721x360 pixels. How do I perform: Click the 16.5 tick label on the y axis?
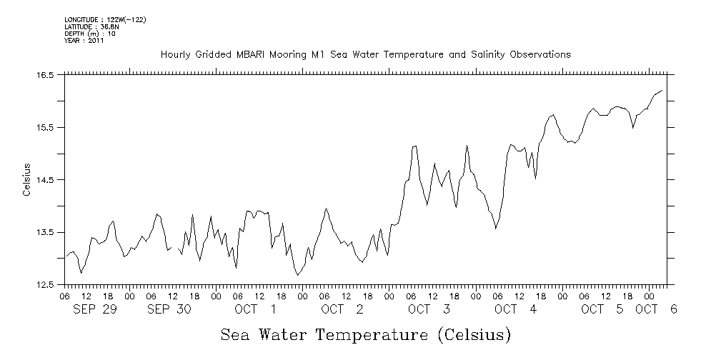pyautogui.click(x=46, y=75)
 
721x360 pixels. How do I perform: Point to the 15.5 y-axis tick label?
pyautogui.click(x=46, y=127)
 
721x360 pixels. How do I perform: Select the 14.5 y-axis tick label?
pyautogui.click(x=46, y=180)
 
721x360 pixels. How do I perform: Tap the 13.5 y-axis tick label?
pyautogui.click(x=46, y=232)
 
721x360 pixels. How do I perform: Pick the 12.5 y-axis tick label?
pyautogui.click(x=46, y=285)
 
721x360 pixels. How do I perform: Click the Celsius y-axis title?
pyautogui.click(x=26, y=180)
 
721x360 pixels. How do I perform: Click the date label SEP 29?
pyautogui.click(x=95, y=309)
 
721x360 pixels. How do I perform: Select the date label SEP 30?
pyautogui.click(x=169, y=309)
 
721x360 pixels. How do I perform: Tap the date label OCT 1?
pyautogui.click(x=255, y=309)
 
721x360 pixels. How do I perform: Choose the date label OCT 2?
pyautogui.click(x=342, y=309)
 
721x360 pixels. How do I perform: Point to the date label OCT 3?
pyautogui.click(x=429, y=309)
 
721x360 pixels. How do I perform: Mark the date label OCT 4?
pyautogui.click(x=515, y=309)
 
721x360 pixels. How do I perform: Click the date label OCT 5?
pyautogui.click(x=602, y=309)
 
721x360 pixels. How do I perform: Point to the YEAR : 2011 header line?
pyautogui.click(x=84, y=41)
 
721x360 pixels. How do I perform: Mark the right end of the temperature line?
pyautogui.click(x=662, y=91)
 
